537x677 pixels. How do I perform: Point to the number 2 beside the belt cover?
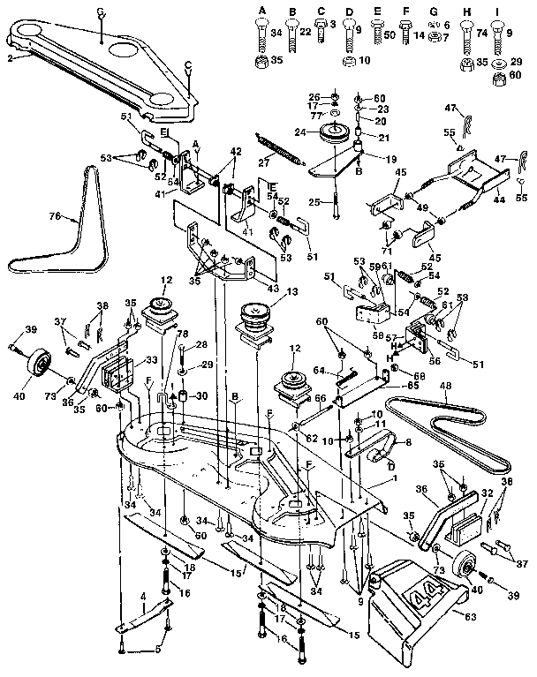pos(9,57)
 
